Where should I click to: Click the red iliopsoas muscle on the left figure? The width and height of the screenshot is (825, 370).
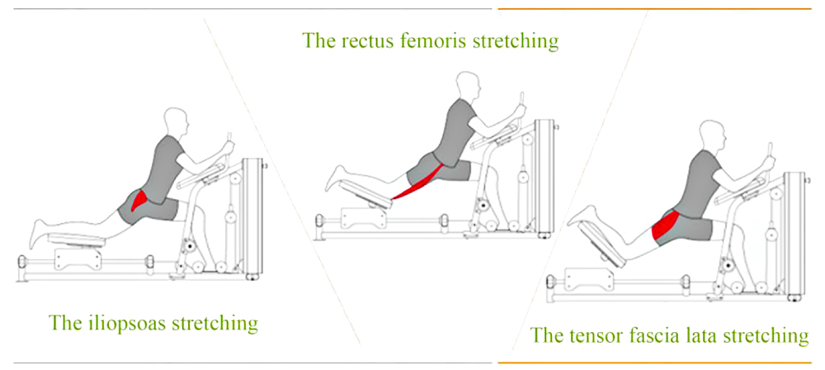coord(139,202)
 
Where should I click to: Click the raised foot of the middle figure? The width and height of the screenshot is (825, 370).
coord(335,178)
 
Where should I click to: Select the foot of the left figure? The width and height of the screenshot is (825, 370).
coord(39,233)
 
